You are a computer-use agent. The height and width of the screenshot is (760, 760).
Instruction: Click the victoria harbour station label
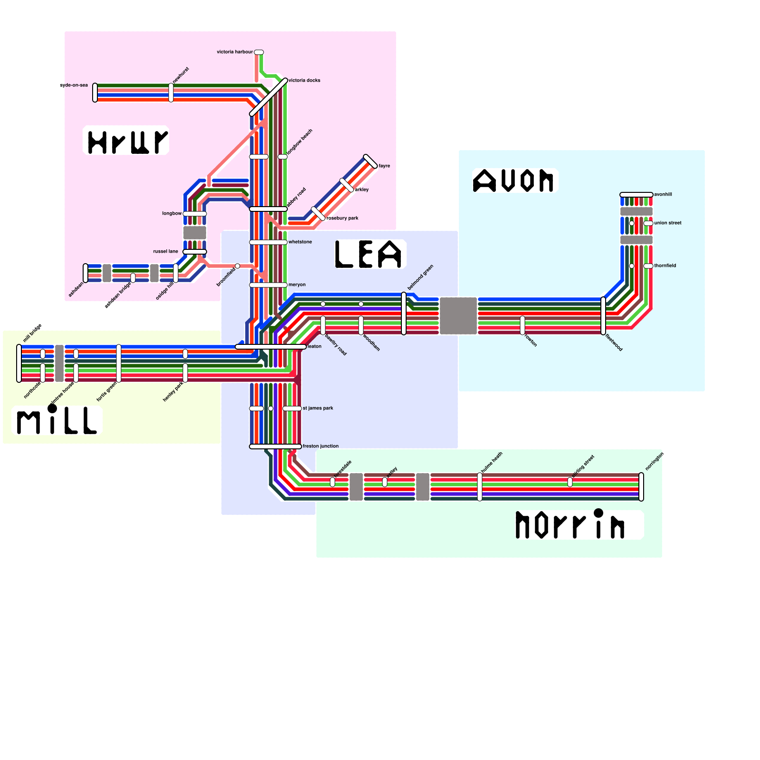[235, 52]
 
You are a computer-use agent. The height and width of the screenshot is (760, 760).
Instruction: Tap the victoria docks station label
[304, 80]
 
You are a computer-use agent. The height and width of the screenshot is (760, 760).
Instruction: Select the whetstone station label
[300, 242]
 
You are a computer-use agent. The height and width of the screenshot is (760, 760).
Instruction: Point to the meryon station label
[297, 285]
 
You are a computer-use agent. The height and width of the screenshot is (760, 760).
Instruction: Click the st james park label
[318, 408]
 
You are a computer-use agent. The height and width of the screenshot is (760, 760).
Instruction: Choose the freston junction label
[321, 446]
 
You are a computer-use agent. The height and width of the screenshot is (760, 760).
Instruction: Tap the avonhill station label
[663, 194]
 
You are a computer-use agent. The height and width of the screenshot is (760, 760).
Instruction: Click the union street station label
[668, 223]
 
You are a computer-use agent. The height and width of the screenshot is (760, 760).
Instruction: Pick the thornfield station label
[665, 266]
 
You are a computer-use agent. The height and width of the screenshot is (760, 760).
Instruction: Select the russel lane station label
[166, 251]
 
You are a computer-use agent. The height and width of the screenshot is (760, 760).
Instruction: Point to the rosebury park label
[343, 218]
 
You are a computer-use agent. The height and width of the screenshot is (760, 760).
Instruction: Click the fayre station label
[384, 166]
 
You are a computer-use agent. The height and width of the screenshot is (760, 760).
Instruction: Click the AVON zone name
[514, 180]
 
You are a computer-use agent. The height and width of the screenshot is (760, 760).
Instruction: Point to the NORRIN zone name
[570, 525]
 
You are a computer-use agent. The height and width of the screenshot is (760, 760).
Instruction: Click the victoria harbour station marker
[259, 52]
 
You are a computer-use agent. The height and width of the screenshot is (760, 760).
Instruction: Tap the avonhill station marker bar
[636, 195]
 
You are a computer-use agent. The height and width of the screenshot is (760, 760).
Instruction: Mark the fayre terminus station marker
[370, 161]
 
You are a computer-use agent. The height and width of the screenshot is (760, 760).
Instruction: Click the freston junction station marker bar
[275, 446]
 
